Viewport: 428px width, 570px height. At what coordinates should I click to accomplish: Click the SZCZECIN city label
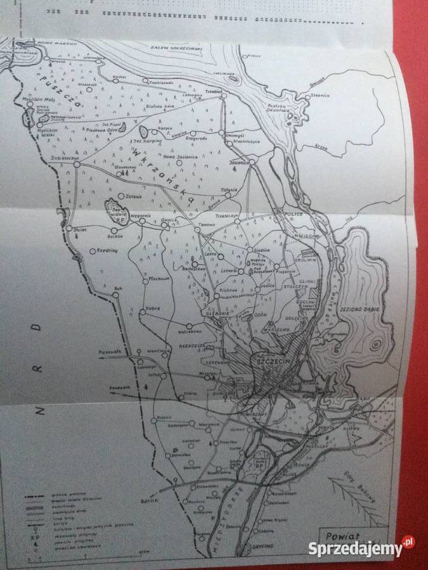coord(271,360)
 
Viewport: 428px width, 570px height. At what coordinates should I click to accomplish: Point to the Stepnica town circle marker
coord(307,96)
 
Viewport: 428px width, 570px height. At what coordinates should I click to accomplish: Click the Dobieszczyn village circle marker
coord(76,164)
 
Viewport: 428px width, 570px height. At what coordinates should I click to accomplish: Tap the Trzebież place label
coord(212,91)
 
